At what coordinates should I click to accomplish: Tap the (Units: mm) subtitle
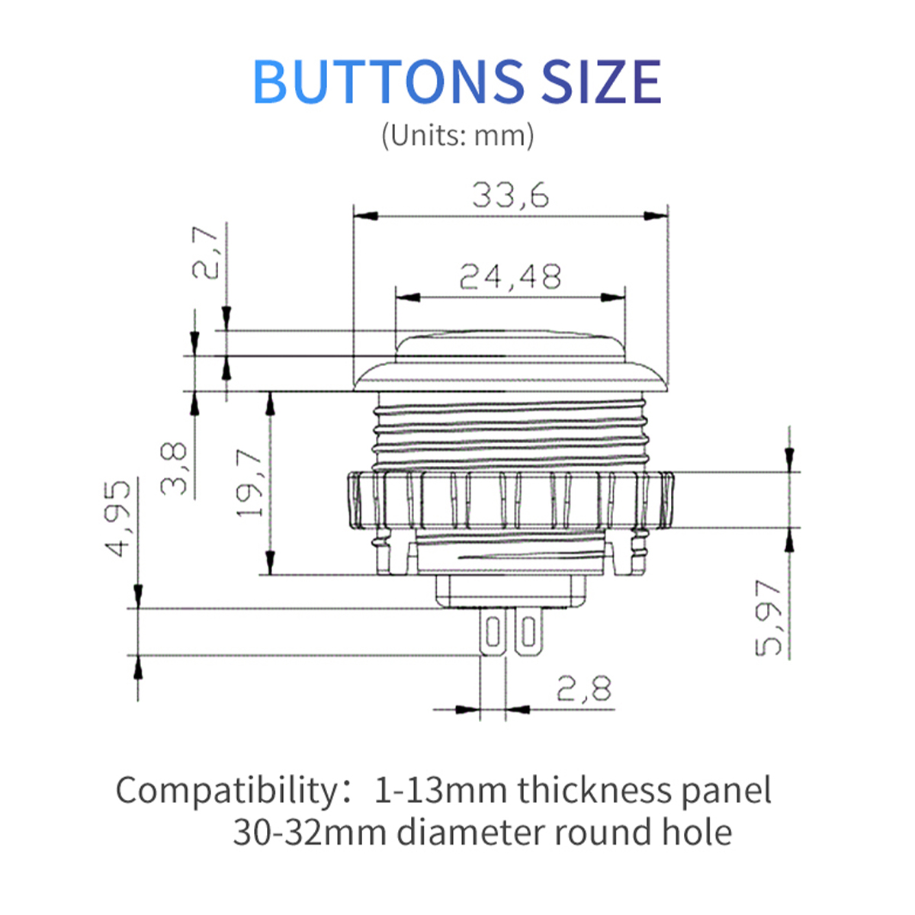point(457,136)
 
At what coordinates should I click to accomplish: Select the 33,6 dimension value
point(510,196)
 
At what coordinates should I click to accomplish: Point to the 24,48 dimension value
point(510,277)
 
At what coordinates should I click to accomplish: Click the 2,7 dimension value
point(206,252)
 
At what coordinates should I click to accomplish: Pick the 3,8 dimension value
point(176,470)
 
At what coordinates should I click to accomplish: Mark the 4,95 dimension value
point(120,518)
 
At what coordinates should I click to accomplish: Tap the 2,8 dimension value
point(584,690)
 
